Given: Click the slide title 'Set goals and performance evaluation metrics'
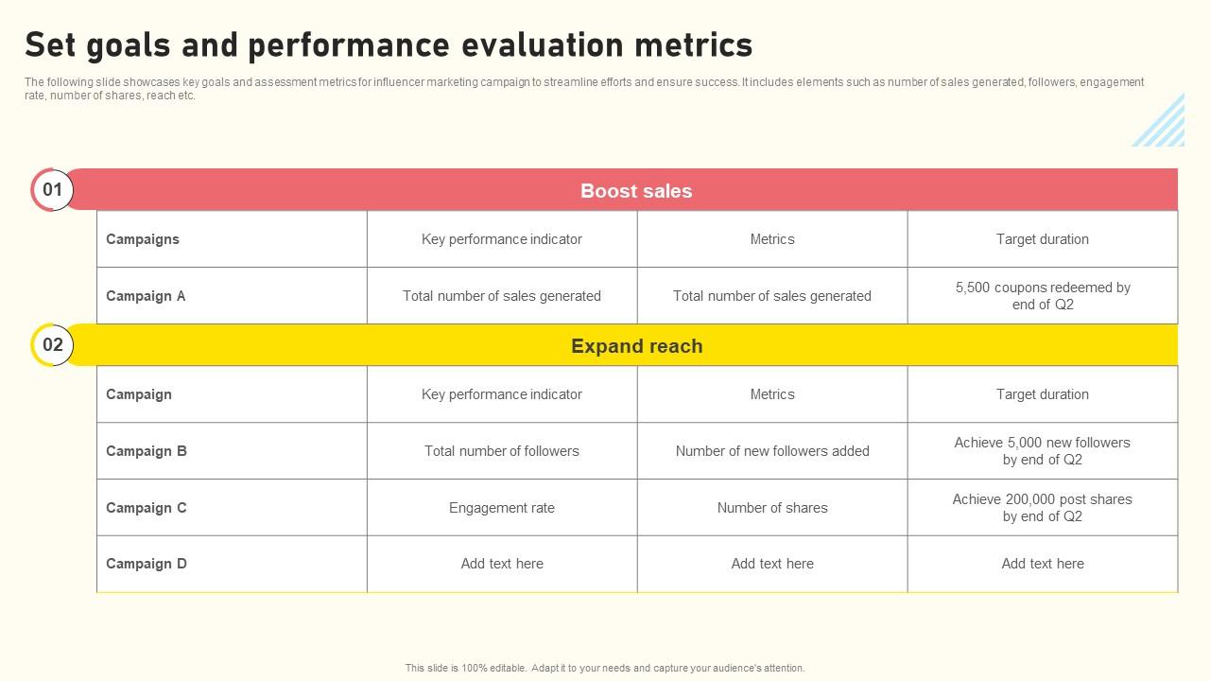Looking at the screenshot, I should point(389,44).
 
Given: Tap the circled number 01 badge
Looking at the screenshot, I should point(52,190).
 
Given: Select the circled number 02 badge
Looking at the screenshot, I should point(52,345).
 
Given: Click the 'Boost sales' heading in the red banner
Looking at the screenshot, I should point(636,191).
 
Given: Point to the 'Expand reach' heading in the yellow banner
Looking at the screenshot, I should point(636,346).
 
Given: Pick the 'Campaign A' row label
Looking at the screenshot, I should point(146,296).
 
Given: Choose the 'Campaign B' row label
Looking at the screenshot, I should point(147,451).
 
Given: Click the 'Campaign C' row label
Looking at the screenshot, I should point(147,508).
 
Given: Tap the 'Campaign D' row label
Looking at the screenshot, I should point(147,564).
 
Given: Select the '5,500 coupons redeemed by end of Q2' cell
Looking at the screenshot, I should point(1043,296).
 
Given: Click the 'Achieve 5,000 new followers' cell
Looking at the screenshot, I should point(1043,451).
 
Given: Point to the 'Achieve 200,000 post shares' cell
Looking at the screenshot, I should point(1043,508).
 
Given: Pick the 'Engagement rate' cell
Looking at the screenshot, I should point(502,508).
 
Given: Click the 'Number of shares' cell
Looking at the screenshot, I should point(772,508).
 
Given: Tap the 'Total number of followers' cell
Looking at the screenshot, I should point(502,451).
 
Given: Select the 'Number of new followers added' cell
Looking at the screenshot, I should point(772,451).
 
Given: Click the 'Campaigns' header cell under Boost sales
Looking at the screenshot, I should point(143,239).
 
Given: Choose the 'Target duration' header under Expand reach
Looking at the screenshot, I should point(1043,394).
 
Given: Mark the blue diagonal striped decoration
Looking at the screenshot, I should point(1160,122).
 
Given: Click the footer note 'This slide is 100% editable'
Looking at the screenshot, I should point(605,668).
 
